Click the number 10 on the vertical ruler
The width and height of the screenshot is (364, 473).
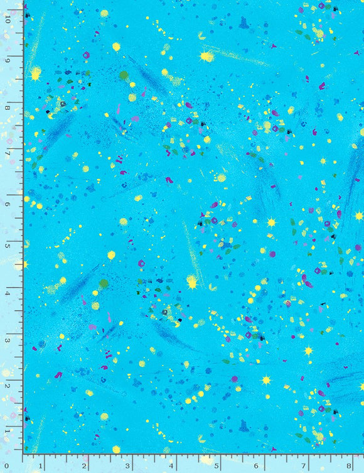coord(8,19)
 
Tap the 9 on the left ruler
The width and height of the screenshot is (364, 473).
coord(8,61)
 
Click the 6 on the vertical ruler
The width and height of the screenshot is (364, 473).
coord(8,204)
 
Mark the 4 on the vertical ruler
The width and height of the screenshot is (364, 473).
coord(8,293)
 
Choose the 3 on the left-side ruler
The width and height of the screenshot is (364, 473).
coord(8,340)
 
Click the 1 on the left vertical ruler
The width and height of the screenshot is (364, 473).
coord(8,431)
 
